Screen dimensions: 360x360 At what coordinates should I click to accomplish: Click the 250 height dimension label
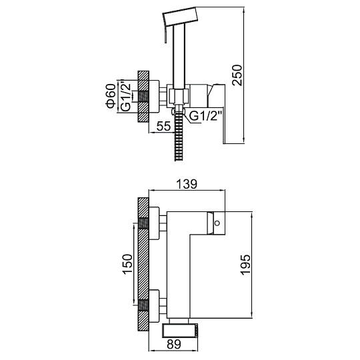(x=237, y=75)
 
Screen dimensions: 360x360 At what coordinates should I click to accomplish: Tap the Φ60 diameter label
(x=111, y=96)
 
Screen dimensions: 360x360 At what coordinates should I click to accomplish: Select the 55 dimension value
(x=164, y=126)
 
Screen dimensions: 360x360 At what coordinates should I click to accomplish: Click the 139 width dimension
(x=187, y=184)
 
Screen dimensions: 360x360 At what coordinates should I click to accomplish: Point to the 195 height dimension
(x=245, y=265)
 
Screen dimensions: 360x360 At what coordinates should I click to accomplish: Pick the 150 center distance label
(x=127, y=264)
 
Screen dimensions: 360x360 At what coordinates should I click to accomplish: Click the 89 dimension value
(x=174, y=344)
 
